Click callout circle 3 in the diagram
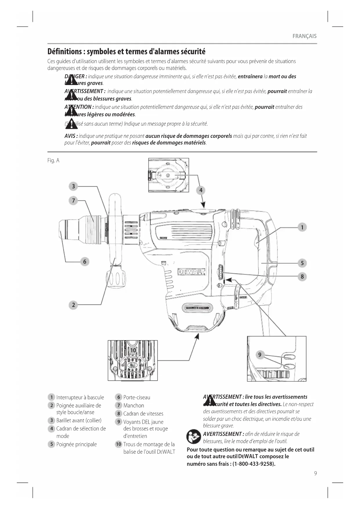click(73, 186)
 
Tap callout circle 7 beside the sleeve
click(73, 201)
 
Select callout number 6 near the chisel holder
click(85, 261)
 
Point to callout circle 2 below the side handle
click(73, 305)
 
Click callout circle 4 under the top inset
click(201, 190)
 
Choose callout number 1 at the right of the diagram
click(302, 227)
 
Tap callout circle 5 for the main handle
click(302, 263)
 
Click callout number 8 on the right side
click(302, 277)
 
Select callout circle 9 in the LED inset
click(260, 355)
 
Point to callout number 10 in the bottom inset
click(133, 350)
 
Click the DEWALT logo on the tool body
click(191, 272)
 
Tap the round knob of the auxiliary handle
click(116, 279)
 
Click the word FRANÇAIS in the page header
click(304, 36)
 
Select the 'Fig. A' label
click(53, 160)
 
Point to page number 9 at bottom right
click(315, 473)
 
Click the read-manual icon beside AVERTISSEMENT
click(194, 437)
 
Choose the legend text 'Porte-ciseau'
click(137, 397)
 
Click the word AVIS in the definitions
click(70, 136)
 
